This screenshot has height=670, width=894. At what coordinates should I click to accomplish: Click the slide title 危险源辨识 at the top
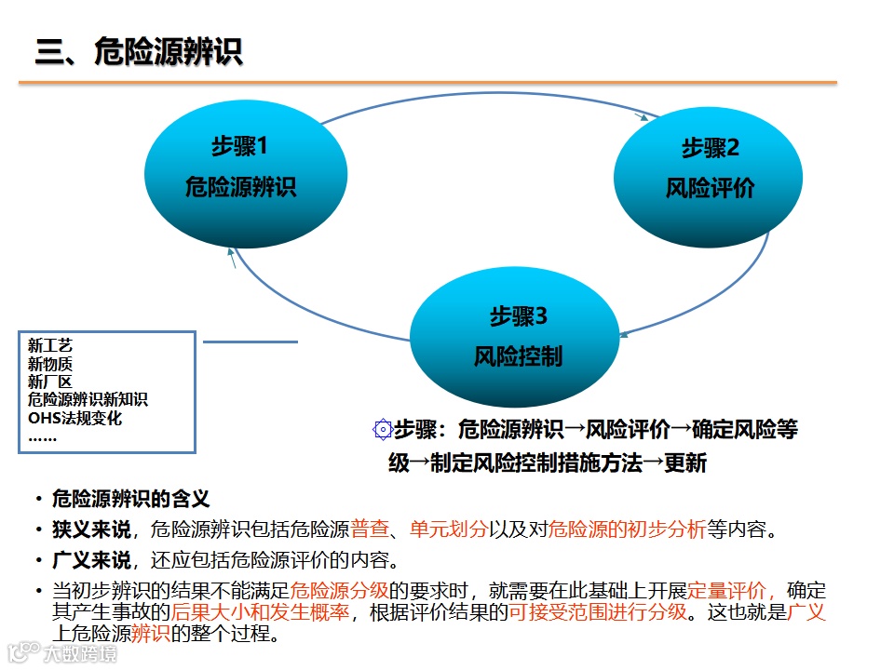[140, 51]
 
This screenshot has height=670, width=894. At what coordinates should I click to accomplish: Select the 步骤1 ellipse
[239, 167]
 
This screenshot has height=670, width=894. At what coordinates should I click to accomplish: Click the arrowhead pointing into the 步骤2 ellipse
[643, 117]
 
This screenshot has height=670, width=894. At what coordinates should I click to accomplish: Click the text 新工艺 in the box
[50, 346]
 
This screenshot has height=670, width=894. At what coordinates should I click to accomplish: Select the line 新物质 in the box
[50, 364]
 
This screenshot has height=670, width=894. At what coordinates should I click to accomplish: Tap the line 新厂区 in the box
[50, 382]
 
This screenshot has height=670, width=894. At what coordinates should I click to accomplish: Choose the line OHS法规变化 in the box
[75, 418]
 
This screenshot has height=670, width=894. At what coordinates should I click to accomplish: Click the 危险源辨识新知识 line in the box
[88, 399]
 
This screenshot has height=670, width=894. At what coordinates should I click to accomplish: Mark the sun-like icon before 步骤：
[382, 429]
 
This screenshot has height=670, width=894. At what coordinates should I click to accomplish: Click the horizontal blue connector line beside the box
[250, 342]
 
